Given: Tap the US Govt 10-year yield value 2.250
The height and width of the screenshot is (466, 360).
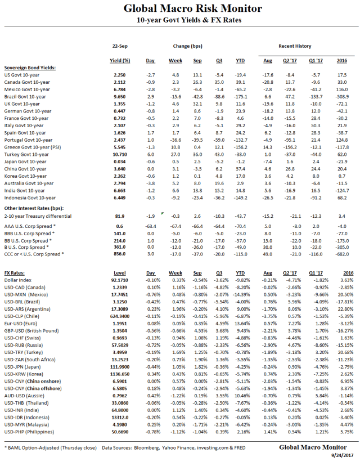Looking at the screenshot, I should [119, 74].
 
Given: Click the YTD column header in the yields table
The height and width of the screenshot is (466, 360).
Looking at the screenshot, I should [240, 60].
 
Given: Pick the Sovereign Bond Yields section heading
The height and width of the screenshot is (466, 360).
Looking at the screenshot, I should [30, 67].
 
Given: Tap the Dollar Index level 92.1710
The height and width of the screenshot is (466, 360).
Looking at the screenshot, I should [119, 280].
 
